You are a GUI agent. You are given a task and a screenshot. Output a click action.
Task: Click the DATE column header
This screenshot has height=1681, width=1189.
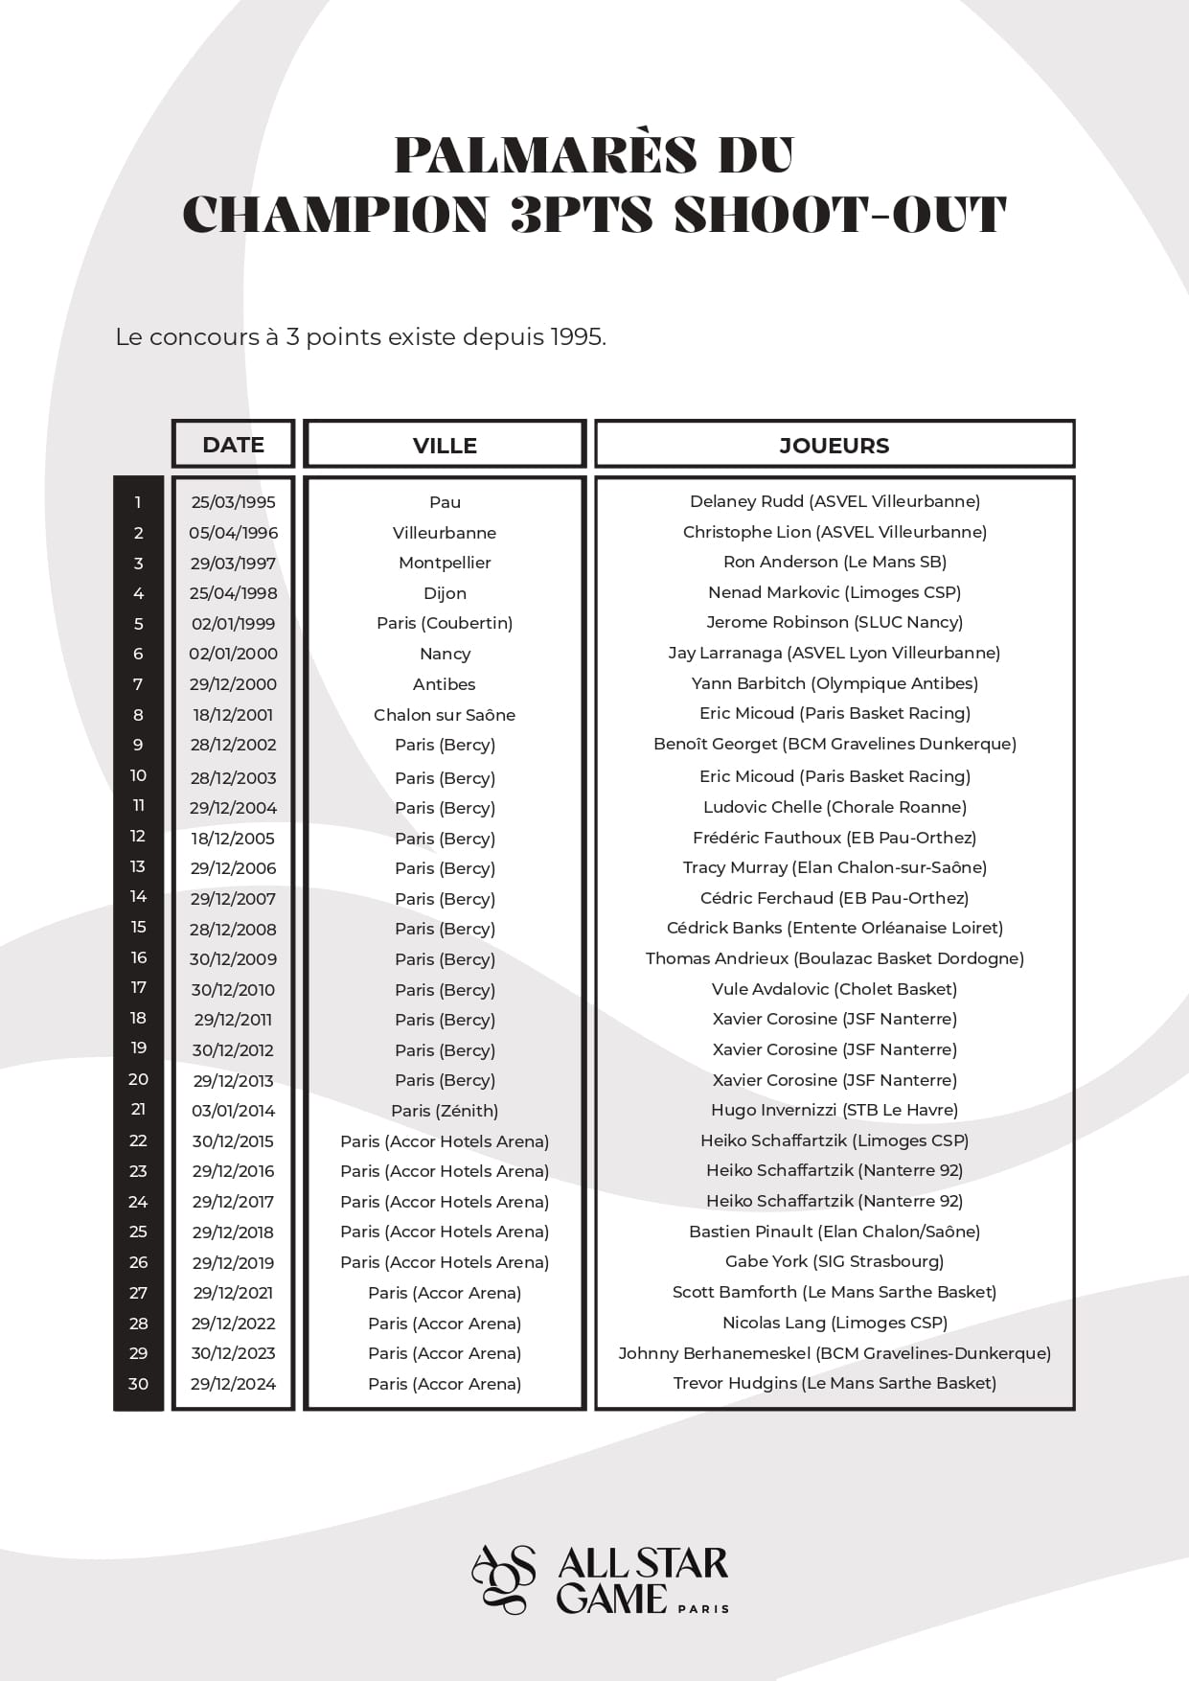233,445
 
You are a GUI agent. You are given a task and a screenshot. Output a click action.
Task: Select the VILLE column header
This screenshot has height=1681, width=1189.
445,446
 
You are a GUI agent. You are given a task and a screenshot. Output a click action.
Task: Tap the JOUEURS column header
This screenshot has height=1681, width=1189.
834,446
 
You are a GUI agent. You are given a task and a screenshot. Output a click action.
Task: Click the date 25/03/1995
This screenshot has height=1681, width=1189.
233,502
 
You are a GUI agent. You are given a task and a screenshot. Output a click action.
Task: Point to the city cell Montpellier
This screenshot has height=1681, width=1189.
445,563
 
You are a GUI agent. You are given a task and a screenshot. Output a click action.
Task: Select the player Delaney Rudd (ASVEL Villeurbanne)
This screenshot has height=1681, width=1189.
835,501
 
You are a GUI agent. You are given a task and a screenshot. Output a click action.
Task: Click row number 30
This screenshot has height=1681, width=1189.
138,1383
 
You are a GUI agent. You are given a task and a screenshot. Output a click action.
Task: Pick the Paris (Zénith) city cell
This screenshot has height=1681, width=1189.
445,1111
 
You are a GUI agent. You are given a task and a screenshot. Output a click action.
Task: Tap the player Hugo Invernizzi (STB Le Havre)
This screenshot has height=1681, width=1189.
835,1110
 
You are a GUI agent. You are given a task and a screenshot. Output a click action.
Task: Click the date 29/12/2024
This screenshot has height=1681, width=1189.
233,1384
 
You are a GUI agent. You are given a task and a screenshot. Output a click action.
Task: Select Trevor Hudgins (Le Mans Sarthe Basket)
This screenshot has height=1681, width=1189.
835,1383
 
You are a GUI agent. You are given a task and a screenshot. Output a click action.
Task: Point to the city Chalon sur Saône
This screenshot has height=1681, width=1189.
445,715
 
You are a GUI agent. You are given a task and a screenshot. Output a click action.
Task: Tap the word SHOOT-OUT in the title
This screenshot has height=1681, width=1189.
840,214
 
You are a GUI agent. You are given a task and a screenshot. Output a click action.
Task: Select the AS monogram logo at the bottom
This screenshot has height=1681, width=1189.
504,1578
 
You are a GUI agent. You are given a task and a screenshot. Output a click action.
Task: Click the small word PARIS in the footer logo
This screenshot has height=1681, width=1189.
703,1608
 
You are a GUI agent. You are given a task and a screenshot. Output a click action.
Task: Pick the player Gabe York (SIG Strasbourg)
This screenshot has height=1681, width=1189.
835,1261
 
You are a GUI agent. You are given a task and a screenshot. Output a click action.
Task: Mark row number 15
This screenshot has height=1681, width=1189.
138,928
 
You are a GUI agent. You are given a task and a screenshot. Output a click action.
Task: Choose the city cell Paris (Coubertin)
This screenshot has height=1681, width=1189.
445,623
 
